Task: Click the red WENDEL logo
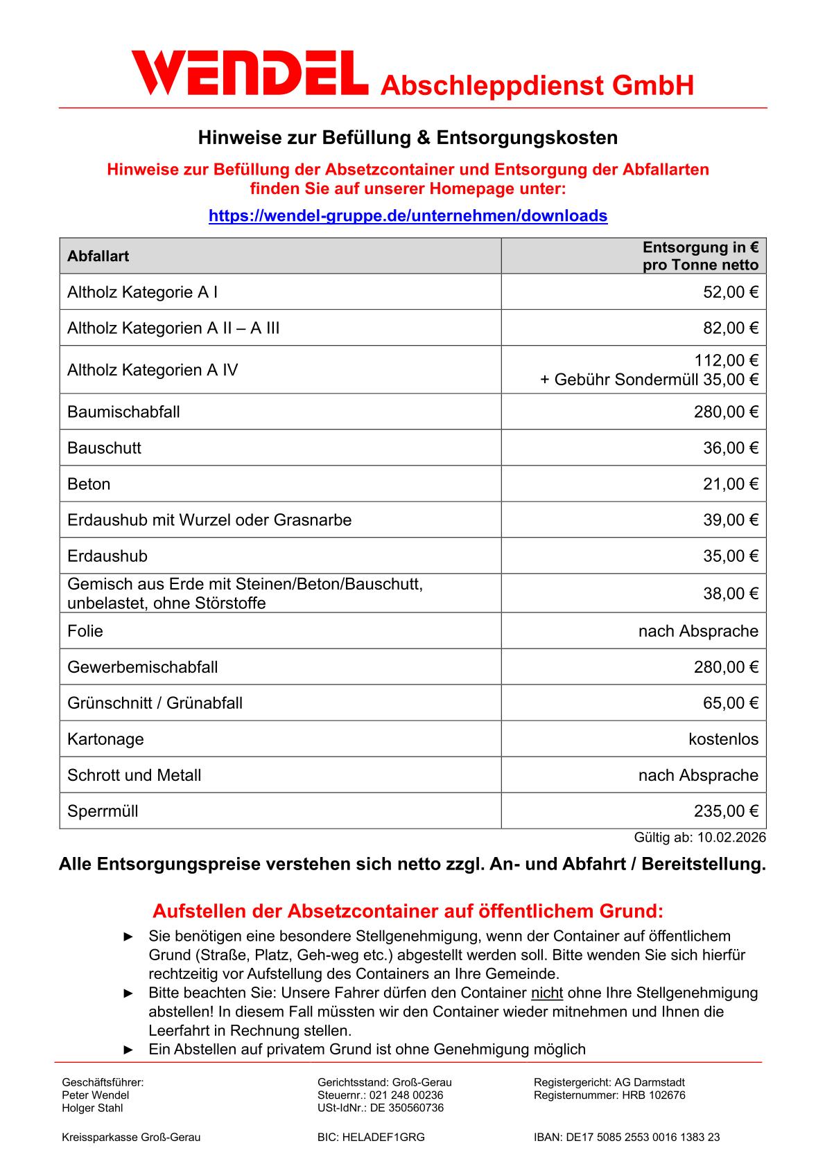[x=250, y=73]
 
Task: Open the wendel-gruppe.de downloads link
[x=408, y=215]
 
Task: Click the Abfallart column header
[x=98, y=256]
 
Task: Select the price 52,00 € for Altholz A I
[x=731, y=292]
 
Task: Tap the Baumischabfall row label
[x=123, y=412]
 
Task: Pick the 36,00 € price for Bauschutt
[x=731, y=448]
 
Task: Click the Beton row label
[x=89, y=484]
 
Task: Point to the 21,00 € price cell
[x=731, y=484]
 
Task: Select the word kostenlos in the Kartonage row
[x=723, y=739]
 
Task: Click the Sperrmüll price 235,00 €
[x=726, y=811]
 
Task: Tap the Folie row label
[x=85, y=631]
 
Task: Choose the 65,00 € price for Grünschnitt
[x=731, y=703]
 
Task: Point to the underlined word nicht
[x=547, y=993]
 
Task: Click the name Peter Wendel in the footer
[x=96, y=1095]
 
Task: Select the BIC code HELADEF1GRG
[x=383, y=1137]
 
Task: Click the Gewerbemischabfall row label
[x=142, y=667]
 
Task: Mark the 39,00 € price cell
[x=731, y=520]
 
